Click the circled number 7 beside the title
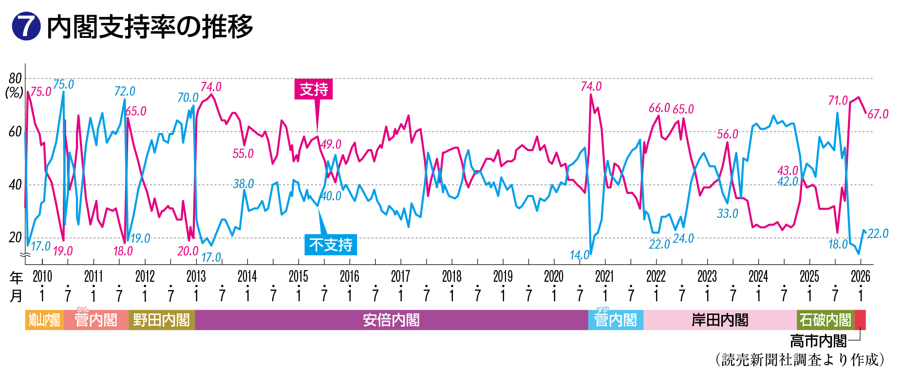coord(25,26)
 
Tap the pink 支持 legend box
coord(314,89)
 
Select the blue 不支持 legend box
coord(331,245)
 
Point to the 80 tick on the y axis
coord(16,78)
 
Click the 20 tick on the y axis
coord(16,238)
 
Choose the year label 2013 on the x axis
coord(196,276)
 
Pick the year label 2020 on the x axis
coord(554,276)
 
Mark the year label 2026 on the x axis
coord(860,276)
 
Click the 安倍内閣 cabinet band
coord(391,320)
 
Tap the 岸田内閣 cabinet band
coord(720,320)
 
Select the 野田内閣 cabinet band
coord(161,320)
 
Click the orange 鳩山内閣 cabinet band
coord(44,320)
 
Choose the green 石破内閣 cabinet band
coord(825,320)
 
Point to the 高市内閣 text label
coord(818,341)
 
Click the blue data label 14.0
coord(579,255)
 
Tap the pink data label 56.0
coord(727,135)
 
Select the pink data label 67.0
coord(878,115)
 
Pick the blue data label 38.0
coord(243,184)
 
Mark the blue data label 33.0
coord(727,214)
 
